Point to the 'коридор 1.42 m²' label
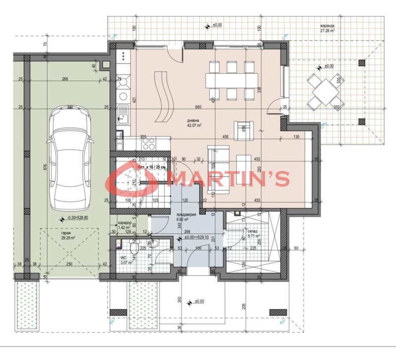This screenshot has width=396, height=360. coord(125,225)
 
